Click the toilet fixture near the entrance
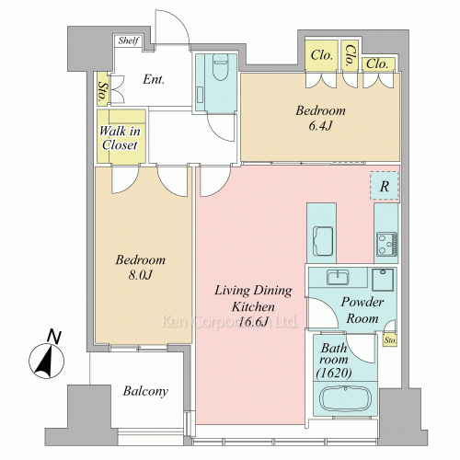tap(221, 67)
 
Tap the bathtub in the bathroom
tap(345, 398)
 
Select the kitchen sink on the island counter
tap(323, 241)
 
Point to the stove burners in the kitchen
tap(387, 245)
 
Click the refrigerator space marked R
tap(385, 186)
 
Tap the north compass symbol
tap(47, 355)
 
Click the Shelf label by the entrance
tap(129, 40)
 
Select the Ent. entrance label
tap(154, 80)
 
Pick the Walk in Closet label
tap(120, 138)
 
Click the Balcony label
tap(145, 391)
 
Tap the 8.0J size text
tap(140, 275)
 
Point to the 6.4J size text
tap(320, 126)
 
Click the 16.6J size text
tap(253, 322)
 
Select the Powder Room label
tap(362, 310)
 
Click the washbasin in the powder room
tap(338, 277)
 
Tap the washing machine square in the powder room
tap(383, 280)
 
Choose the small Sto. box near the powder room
tap(390, 340)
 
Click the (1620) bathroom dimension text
tap(334, 373)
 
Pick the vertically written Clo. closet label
tap(350, 55)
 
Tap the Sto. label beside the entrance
tap(102, 91)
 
